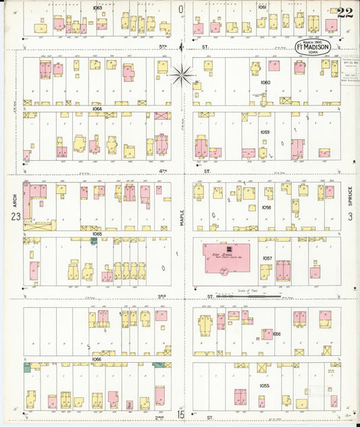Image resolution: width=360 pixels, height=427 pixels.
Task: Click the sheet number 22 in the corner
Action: point(344,12)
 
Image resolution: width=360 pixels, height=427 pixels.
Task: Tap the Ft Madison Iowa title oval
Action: point(313,47)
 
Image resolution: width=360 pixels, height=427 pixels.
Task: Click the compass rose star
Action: point(182,74)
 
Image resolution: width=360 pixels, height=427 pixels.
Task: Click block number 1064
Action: point(97,109)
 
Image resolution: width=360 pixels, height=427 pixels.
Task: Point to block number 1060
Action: point(264,82)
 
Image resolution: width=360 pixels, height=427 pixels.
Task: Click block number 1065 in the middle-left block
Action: point(97,234)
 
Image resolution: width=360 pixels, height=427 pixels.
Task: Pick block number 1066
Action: point(97,359)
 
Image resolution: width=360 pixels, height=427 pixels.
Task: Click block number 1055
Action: point(264,385)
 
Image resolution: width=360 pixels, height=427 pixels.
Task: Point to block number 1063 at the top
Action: point(97,7)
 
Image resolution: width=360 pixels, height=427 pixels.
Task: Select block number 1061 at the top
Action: point(262,7)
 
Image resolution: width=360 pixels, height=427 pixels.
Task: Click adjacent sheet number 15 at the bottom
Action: point(181,413)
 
